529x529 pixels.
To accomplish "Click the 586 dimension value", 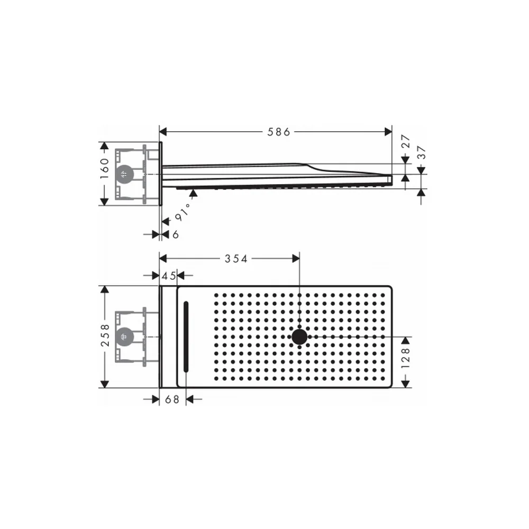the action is (279, 132).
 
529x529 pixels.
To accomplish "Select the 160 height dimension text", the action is (105, 169).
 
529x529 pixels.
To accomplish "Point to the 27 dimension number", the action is (406, 141).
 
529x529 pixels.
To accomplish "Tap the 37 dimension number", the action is (422, 152).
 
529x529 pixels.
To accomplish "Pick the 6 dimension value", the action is (176, 234).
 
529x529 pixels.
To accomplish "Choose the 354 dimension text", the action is (236, 259).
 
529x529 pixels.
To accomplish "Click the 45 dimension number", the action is (168, 276).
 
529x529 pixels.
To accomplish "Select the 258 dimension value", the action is (105, 335).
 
